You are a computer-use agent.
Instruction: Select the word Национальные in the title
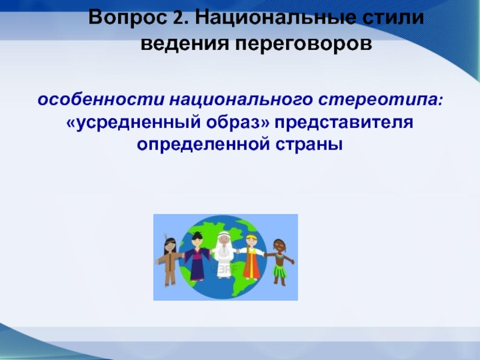(x=274, y=17)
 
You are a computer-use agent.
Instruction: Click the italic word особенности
(x=101, y=100)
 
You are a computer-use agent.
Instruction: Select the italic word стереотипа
(x=380, y=101)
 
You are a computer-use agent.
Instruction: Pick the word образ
(x=237, y=122)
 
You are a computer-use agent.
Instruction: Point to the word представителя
(x=344, y=123)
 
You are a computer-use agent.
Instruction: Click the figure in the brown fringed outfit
(x=169, y=262)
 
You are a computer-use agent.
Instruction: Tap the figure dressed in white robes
(x=224, y=254)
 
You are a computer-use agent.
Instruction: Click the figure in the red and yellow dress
(x=251, y=257)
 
